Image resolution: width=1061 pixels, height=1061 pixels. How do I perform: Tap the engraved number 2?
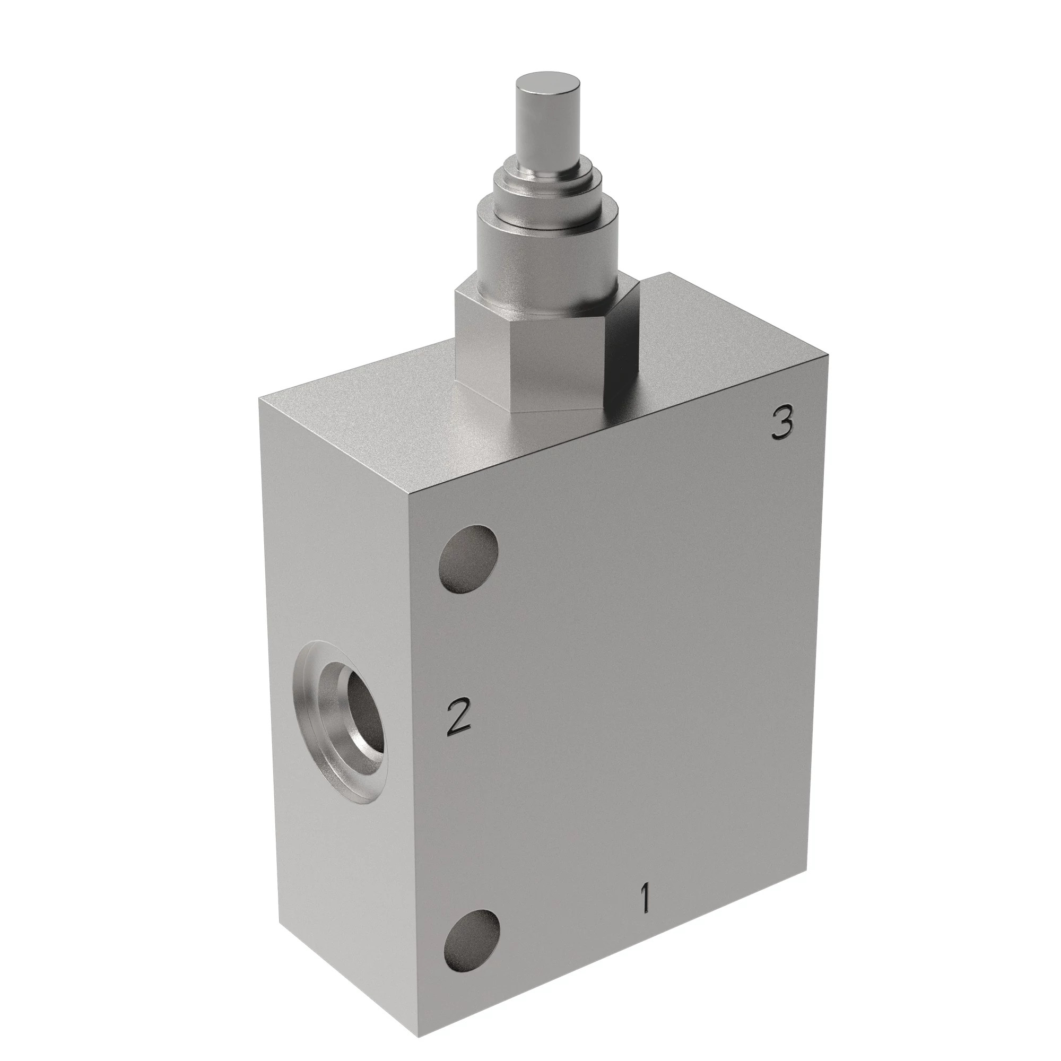[459, 716]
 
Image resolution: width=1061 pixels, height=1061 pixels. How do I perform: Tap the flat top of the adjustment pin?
[547, 88]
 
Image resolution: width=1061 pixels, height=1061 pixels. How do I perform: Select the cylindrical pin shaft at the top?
[547, 126]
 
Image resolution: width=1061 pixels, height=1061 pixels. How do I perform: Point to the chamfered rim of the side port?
[308, 725]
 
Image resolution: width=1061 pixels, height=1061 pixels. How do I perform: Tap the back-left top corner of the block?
[259, 401]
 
